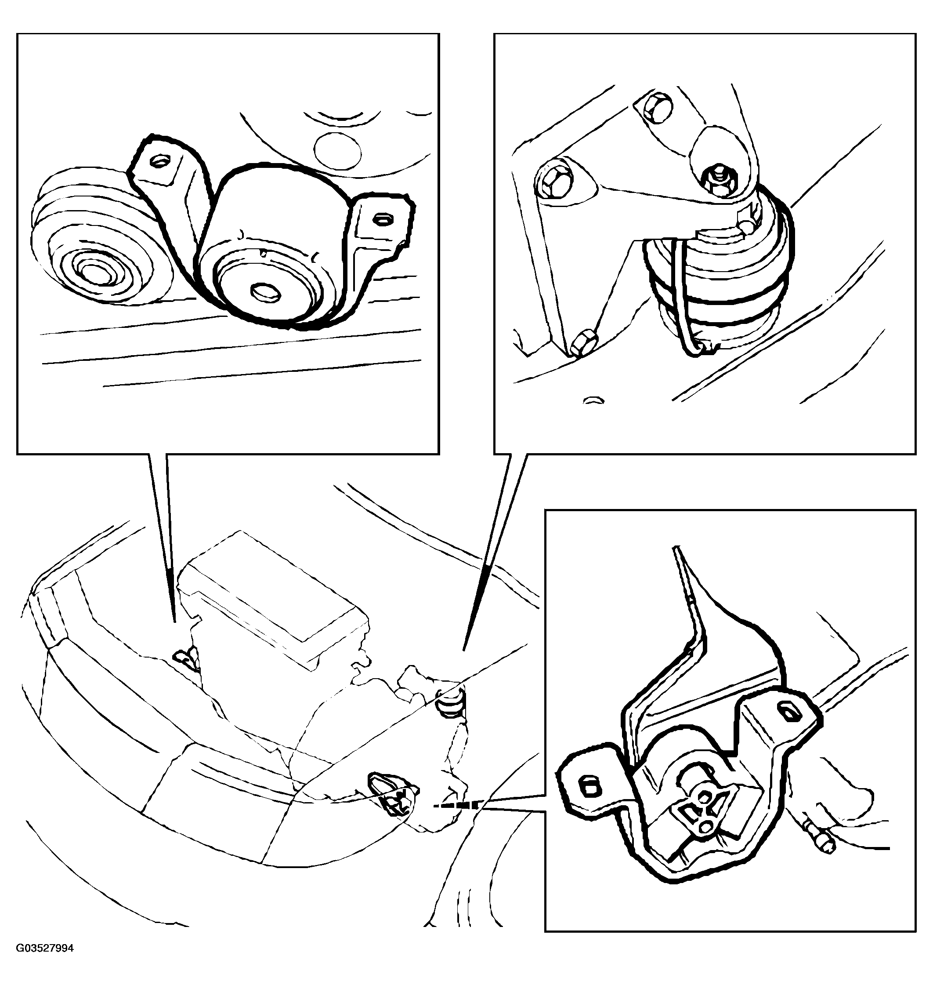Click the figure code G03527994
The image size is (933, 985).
(45, 962)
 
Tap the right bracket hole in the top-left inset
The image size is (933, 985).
(382, 218)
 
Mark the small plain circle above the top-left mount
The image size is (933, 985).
(338, 150)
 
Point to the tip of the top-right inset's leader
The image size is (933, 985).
(463, 650)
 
